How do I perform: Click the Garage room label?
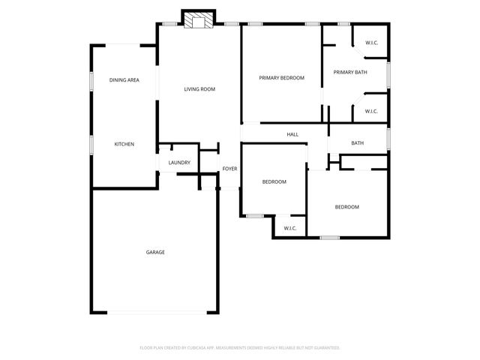click(155, 252)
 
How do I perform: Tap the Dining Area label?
click(124, 80)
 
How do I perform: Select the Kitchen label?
click(124, 144)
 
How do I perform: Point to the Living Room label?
click(199, 89)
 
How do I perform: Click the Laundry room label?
click(179, 163)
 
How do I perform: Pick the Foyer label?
click(229, 169)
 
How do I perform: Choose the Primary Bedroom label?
click(281, 77)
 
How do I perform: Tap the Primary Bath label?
click(350, 72)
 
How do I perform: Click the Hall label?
click(292, 135)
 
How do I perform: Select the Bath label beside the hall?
click(358, 143)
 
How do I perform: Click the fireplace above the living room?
click(199, 20)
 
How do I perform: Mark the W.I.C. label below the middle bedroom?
click(290, 228)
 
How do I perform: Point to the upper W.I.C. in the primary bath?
click(371, 43)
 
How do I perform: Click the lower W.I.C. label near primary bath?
click(371, 112)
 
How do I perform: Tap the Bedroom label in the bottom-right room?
click(346, 207)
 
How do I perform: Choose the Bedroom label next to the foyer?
click(274, 182)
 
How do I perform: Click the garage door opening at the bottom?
click(155, 313)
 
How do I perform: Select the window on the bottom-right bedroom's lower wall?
click(330, 238)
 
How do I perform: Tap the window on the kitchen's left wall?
click(91, 144)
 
